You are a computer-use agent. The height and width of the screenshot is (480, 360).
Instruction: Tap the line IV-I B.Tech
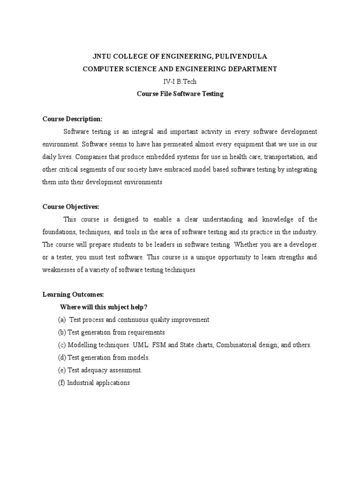[x=180, y=82]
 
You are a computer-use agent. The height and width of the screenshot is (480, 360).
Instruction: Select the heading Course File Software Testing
[x=180, y=94]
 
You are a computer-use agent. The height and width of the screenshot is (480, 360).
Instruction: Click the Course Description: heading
[x=72, y=119]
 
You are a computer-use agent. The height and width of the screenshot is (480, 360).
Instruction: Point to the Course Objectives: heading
[x=71, y=207]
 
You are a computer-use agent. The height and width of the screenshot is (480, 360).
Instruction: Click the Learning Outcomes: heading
[x=73, y=294]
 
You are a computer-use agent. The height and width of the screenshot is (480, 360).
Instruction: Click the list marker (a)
[x=62, y=320]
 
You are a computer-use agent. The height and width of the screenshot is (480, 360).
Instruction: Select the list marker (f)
[x=61, y=383]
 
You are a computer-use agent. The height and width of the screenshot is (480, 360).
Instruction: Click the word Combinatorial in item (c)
[x=235, y=345]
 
